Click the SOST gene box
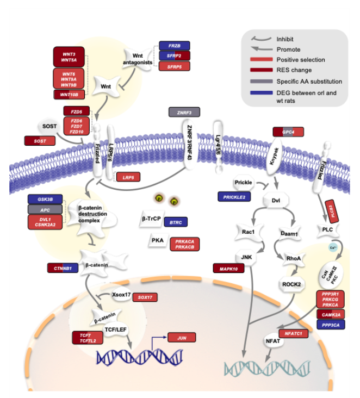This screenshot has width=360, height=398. click(40, 141)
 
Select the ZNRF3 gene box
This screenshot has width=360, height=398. click(184, 113)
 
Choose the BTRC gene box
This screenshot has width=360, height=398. click(175, 222)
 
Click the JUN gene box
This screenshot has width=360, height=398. click(182, 338)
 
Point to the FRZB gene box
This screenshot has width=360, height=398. click(174, 46)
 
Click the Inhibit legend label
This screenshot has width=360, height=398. click(285, 39)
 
